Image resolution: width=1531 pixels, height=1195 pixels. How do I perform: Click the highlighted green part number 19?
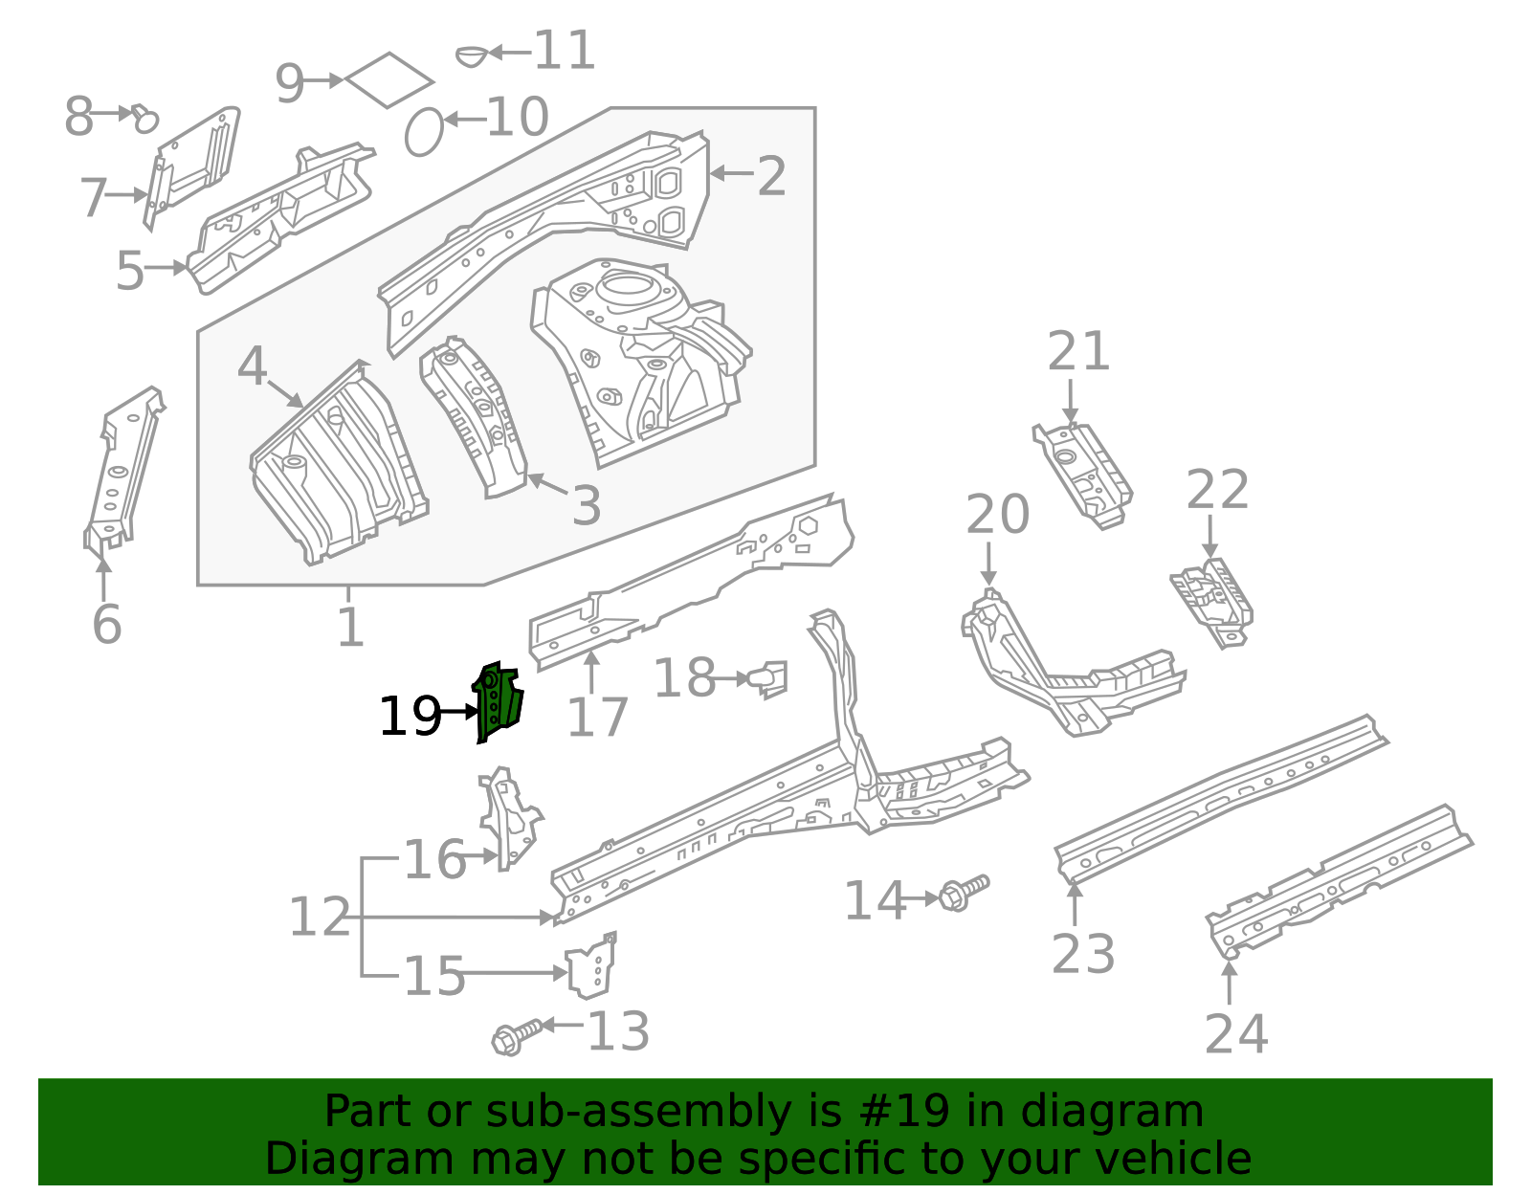498,701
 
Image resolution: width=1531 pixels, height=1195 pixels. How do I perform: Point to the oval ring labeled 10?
424,132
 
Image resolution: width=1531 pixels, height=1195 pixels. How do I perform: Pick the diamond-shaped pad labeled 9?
388,79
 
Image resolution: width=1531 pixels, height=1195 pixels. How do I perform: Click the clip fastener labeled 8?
144,119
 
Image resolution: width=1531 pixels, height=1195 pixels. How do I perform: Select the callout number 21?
1078,352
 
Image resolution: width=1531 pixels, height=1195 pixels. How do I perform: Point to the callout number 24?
1235,1034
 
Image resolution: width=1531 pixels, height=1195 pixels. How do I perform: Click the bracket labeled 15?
590,968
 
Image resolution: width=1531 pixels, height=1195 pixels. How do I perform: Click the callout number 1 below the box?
350,628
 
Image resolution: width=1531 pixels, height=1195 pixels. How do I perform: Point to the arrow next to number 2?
731,173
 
